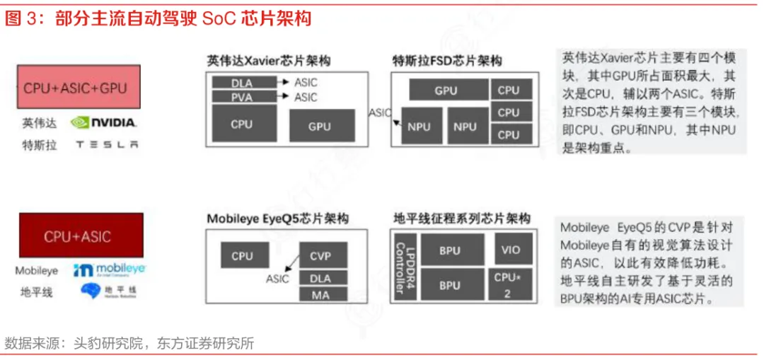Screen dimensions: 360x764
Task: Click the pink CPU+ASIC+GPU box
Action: pos(76,87)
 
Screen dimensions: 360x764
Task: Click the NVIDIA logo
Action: pos(104,123)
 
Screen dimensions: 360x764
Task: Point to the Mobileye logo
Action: pos(110,270)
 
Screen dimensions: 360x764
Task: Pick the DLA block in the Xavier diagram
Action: pos(242,82)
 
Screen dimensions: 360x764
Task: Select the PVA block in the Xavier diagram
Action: pos(242,97)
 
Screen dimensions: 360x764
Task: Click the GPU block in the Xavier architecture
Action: pos(319,127)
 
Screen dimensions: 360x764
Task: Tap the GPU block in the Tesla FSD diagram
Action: pos(446,90)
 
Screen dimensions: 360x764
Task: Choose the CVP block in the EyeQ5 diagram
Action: pos(320,256)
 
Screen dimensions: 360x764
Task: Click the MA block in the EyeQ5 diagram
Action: pos(320,294)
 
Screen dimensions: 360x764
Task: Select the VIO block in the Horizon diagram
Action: pos(510,249)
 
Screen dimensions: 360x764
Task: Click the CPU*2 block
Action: pos(507,284)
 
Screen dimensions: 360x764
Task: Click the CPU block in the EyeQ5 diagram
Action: pos(242,256)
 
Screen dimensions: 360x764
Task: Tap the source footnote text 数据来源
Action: pos(129,344)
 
